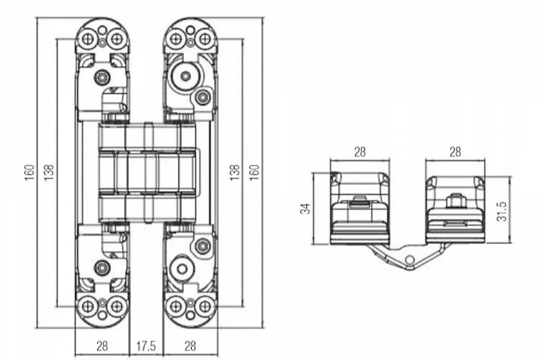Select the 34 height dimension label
306,208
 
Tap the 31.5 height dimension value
502,211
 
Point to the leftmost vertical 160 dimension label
29,172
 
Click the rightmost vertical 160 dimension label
254,172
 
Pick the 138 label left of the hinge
49,172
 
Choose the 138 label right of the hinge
235,172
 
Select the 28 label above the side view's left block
360,152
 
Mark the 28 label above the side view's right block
455,152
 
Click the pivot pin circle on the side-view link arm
409,260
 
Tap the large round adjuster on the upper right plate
185,76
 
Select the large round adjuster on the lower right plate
182,269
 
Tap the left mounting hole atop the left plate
88,39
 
